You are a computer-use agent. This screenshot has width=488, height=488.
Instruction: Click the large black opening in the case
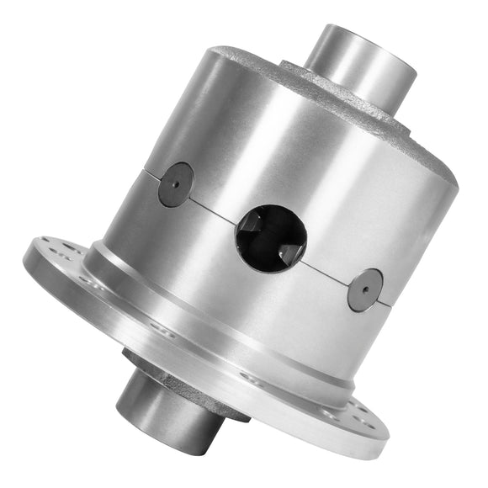pos(271,236)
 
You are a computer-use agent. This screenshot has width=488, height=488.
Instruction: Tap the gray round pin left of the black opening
pos(176,184)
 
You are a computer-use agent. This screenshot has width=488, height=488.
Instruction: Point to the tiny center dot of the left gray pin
pos(176,184)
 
